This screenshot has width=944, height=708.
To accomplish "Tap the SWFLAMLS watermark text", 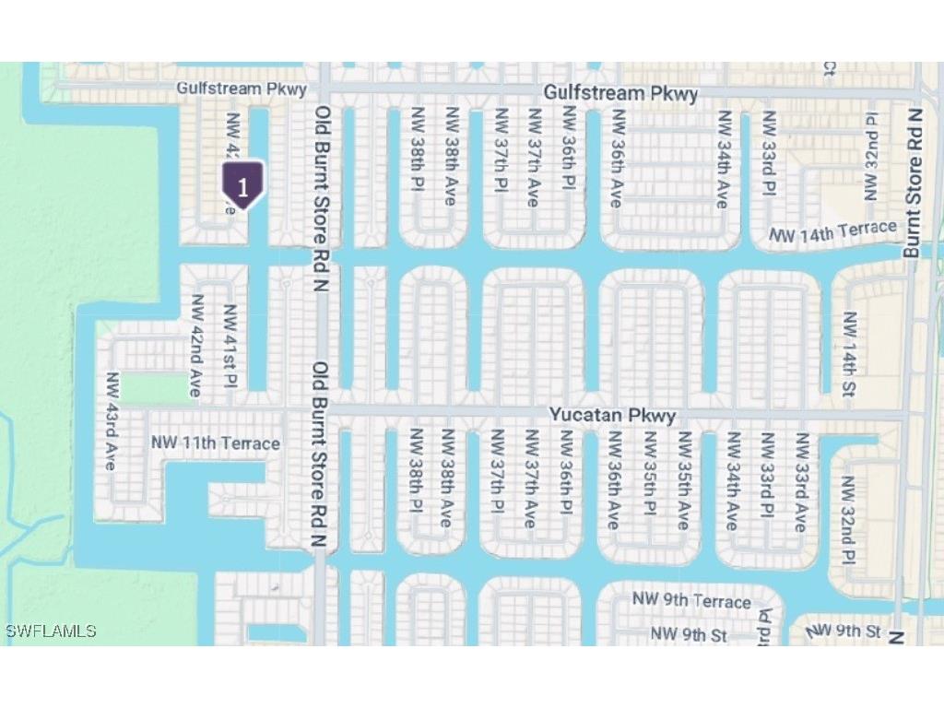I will [x=51, y=631].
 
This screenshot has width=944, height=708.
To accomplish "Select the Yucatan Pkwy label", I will [x=612, y=416].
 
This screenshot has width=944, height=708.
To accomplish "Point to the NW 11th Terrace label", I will [x=216, y=443].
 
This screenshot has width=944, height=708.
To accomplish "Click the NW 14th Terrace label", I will [x=833, y=232].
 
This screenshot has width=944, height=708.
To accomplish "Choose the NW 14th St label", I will [x=849, y=354].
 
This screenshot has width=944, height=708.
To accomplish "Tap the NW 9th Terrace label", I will [x=691, y=601].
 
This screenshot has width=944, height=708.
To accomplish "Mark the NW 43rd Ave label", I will [x=112, y=421].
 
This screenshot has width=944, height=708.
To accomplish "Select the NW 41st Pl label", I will [x=230, y=347].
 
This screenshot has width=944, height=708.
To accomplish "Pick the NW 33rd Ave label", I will [x=800, y=481].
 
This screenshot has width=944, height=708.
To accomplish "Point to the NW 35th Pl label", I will [x=649, y=481].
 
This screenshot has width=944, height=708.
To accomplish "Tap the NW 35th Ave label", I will [x=683, y=481].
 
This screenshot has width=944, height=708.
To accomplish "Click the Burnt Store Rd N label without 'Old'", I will [x=914, y=183].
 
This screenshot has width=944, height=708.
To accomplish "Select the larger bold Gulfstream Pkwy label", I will [x=619, y=94].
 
